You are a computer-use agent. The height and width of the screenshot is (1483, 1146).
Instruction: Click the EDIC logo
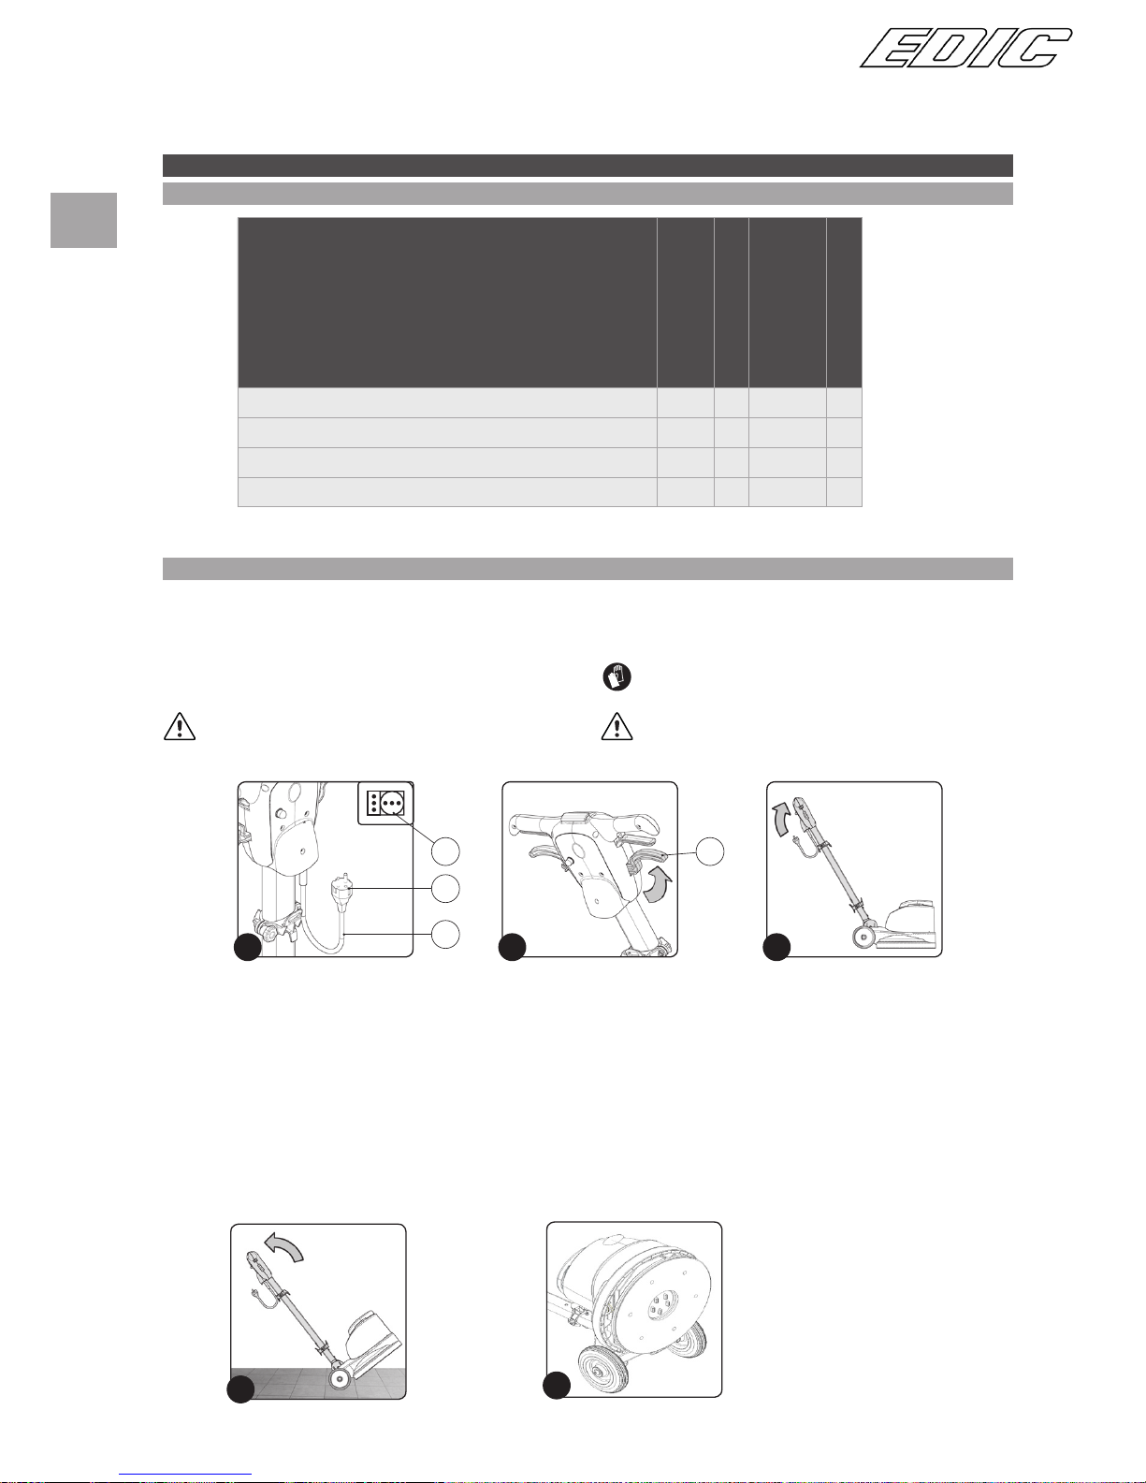pos(965,48)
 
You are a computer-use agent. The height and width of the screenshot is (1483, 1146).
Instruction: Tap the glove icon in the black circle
pos(617,677)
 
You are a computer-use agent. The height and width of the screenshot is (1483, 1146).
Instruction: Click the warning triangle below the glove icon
pos(617,726)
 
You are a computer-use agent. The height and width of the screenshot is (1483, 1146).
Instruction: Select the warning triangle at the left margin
pos(180,726)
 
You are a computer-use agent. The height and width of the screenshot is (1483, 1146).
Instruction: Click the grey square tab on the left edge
pos(84,220)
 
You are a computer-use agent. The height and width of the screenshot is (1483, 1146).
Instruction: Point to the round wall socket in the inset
pos(392,803)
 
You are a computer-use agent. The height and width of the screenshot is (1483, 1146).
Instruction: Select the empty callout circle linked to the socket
pos(445,851)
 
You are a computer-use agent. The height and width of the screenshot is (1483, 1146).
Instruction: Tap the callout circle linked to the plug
pos(445,889)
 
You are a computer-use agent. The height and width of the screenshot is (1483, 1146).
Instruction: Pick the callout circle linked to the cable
pos(445,935)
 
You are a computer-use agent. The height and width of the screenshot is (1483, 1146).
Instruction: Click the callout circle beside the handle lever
pos(709,851)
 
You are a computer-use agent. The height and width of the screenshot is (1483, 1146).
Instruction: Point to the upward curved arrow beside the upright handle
pos(783,820)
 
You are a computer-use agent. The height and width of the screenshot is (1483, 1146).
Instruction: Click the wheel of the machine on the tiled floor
pos(339,1378)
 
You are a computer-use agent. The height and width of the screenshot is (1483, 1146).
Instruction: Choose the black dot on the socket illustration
pos(248,948)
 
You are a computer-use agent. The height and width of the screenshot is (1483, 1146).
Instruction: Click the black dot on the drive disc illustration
pos(556,1385)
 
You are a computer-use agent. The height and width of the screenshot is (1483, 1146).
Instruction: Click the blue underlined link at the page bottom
pos(185,1475)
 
